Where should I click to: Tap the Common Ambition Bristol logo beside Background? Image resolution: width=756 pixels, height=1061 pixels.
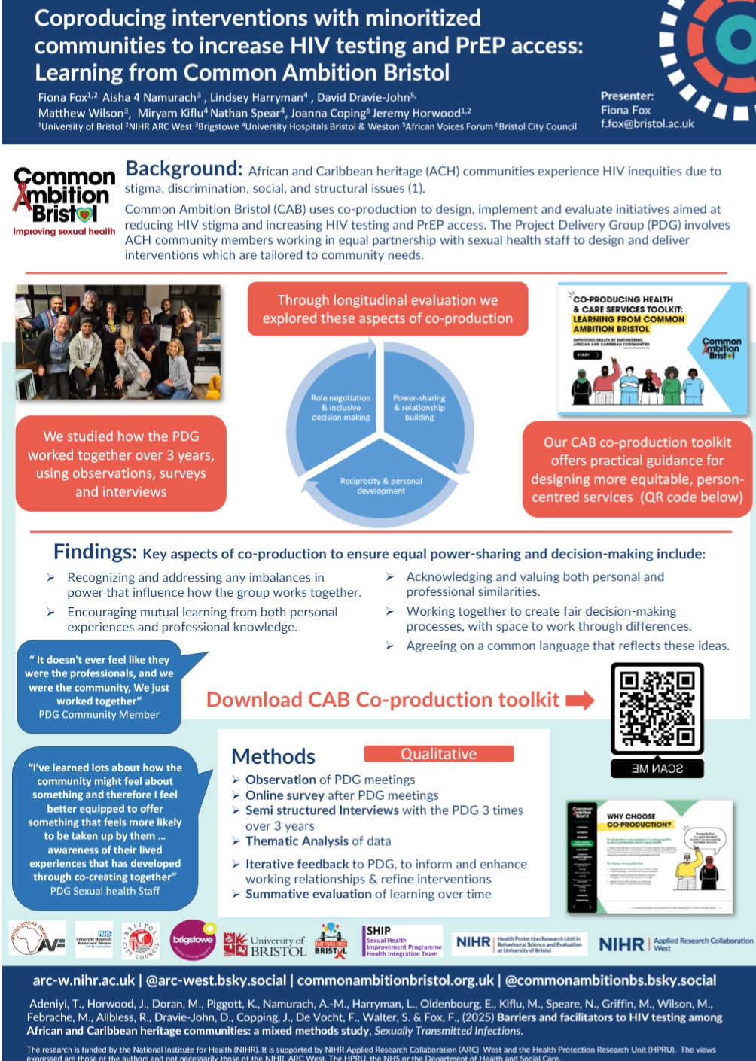pyautogui.click(x=64, y=199)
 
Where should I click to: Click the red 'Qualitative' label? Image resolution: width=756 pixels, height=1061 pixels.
pyautogui.click(x=438, y=754)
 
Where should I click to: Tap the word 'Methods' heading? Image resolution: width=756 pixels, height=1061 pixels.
pyautogui.click(x=273, y=756)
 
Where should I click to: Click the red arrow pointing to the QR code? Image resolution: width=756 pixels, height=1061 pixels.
pyautogui.click(x=580, y=701)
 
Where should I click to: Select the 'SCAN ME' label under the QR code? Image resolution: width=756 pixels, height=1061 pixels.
pyautogui.click(x=657, y=768)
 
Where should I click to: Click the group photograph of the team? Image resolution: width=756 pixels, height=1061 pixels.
pyautogui.click(x=118, y=342)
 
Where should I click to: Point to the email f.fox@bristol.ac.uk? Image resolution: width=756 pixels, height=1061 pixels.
pyautogui.click(x=647, y=124)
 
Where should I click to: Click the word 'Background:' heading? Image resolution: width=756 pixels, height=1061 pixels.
pyautogui.click(x=184, y=169)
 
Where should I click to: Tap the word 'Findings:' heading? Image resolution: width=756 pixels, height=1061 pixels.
pyautogui.click(x=95, y=552)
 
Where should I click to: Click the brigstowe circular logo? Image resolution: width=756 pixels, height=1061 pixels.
pyautogui.click(x=193, y=941)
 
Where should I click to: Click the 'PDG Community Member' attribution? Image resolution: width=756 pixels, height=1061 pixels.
pyautogui.click(x=99, y=715)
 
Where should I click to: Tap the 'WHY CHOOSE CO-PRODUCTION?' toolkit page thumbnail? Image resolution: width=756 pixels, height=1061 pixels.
pyautogui.click(x=649, y=857)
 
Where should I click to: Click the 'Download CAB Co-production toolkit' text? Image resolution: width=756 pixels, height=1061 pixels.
pyautogui.click(x=383, y=700)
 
